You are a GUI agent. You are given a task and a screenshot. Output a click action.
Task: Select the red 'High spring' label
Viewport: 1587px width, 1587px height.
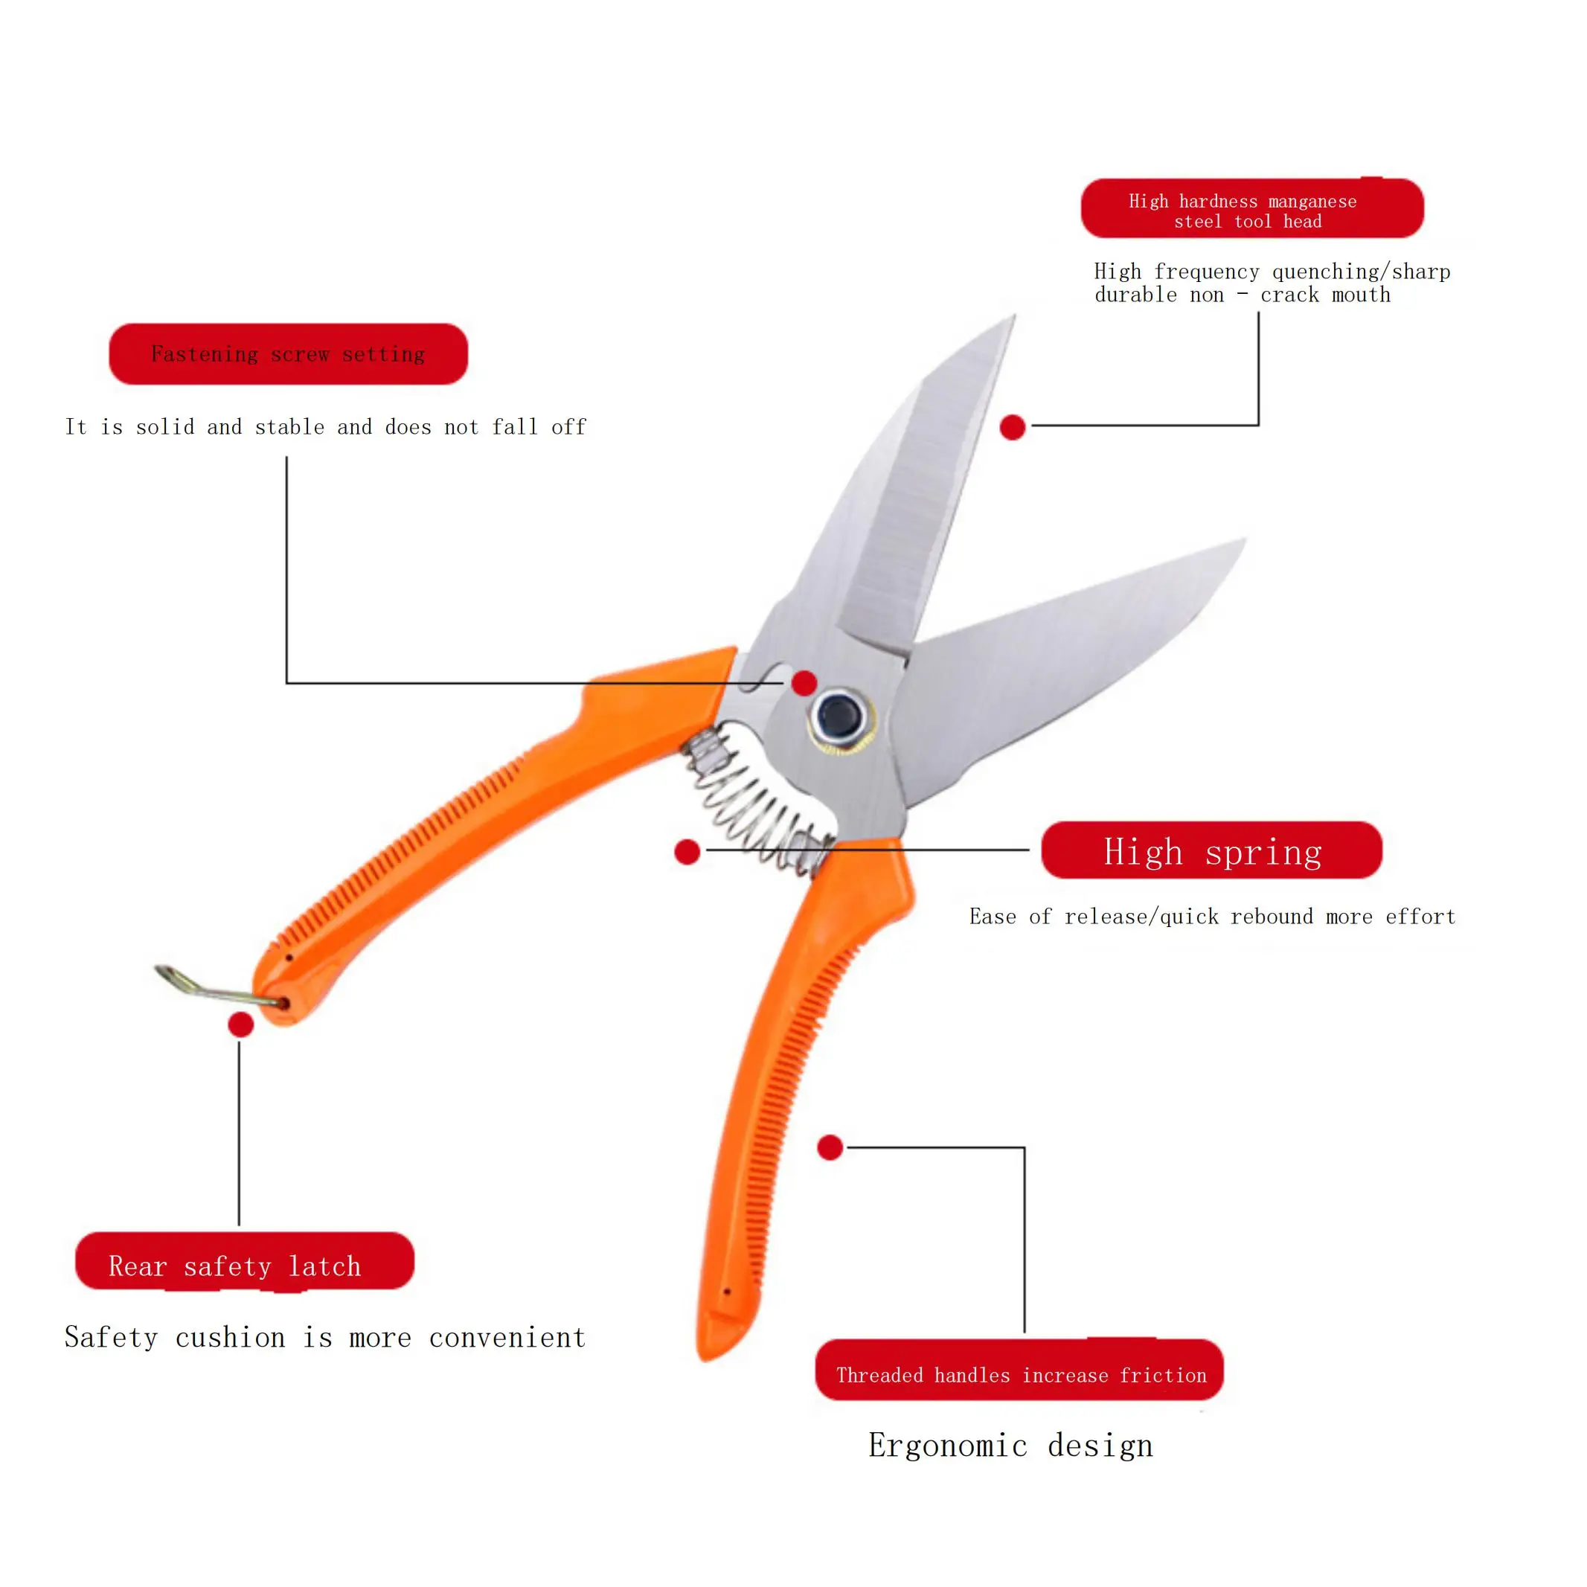coord(1211,851)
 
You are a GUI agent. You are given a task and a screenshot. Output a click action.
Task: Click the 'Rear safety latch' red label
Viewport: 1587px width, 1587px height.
coord(244,1266)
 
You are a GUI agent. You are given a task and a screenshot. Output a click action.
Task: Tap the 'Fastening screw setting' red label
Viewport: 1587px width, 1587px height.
coord(289,354)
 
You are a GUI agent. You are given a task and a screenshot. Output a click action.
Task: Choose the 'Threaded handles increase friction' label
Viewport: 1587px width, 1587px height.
coord(1019,1375)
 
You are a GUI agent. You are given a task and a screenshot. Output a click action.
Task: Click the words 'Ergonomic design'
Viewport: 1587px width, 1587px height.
coord(1010,1446)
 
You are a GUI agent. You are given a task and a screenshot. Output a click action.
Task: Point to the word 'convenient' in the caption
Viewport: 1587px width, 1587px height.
coord(507,1338)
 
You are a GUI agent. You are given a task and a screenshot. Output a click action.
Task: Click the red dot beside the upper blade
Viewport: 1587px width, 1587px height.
coord(1013,427)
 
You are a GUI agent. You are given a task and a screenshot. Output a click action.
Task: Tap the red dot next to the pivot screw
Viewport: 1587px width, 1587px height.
coord(804,682)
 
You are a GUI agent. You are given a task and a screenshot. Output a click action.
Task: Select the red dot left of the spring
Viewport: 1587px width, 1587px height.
coord(687,852)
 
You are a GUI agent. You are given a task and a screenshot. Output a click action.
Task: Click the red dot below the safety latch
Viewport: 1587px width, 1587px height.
coord(240,1025)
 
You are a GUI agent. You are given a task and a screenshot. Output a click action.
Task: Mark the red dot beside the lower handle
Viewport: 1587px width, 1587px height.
coord(830,1147)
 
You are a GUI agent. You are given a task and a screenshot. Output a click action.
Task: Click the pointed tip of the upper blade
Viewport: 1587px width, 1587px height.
coord(1013,317)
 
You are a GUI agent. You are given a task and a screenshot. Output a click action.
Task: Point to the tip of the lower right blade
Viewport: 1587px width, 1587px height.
coord(1244,540)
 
